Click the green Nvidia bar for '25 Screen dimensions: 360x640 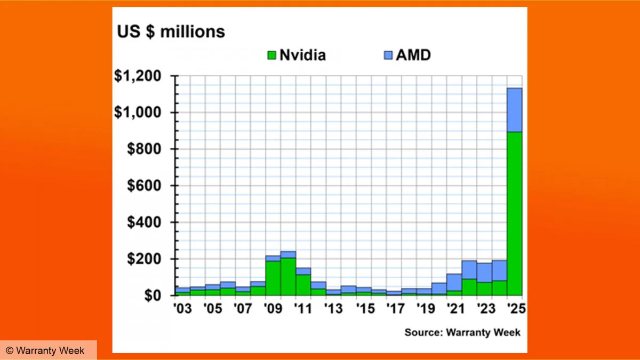[x=515, y=213]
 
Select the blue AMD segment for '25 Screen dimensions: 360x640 [x=515, y=110]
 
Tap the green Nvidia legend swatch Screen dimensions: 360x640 [x=271, y=55]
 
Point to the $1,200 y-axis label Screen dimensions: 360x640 [x=138, y=76]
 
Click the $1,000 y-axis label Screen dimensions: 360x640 [x=138, y=113]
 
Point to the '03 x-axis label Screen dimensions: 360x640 [x=182, y=309]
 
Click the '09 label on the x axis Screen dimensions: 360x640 [x=273, y=309]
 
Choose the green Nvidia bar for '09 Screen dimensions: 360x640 [x=273, y=278]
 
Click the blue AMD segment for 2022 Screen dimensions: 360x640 [x=469, y=270]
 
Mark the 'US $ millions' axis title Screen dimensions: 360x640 [x=171, y=31]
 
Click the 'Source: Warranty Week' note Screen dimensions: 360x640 [x=462, y=332]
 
